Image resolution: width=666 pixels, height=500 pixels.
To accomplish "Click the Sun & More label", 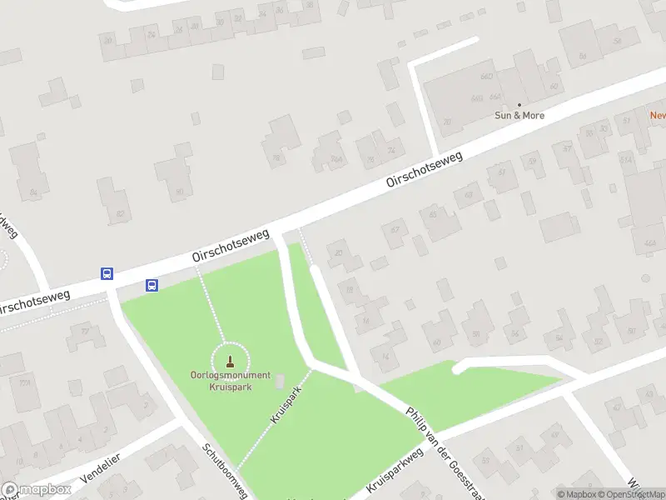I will [519, 115].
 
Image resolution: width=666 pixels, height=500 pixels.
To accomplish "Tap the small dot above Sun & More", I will [519, 104].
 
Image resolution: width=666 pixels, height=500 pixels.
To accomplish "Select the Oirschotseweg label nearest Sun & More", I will [424, 169].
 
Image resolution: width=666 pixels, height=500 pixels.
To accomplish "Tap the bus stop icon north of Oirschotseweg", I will [107, 272].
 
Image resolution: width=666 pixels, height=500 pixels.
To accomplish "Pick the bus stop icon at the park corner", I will [152, 285].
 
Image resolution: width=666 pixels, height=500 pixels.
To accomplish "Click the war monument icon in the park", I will [230, 362].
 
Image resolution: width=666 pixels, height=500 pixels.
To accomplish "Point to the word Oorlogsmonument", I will [230, 376].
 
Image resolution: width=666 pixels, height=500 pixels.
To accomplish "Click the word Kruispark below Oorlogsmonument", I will [230, 386].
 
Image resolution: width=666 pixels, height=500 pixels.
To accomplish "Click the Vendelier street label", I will [101, 468].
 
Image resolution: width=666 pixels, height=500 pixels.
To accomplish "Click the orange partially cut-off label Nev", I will [658, 115].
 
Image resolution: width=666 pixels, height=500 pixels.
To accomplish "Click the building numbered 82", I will [120, 213].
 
